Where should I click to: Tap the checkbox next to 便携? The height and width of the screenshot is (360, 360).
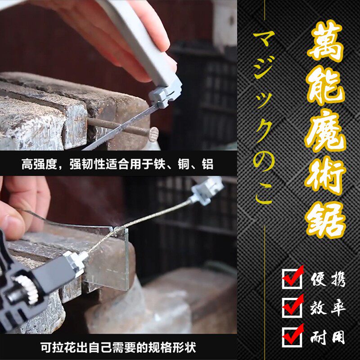coord(291,279)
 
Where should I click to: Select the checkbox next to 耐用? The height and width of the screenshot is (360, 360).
coord(291,335)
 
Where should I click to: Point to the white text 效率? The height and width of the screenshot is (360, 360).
coord(328,308)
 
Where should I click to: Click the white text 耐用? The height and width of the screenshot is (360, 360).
coord(328,337)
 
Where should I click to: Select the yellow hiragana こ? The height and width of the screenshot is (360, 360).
coord(264,196)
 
